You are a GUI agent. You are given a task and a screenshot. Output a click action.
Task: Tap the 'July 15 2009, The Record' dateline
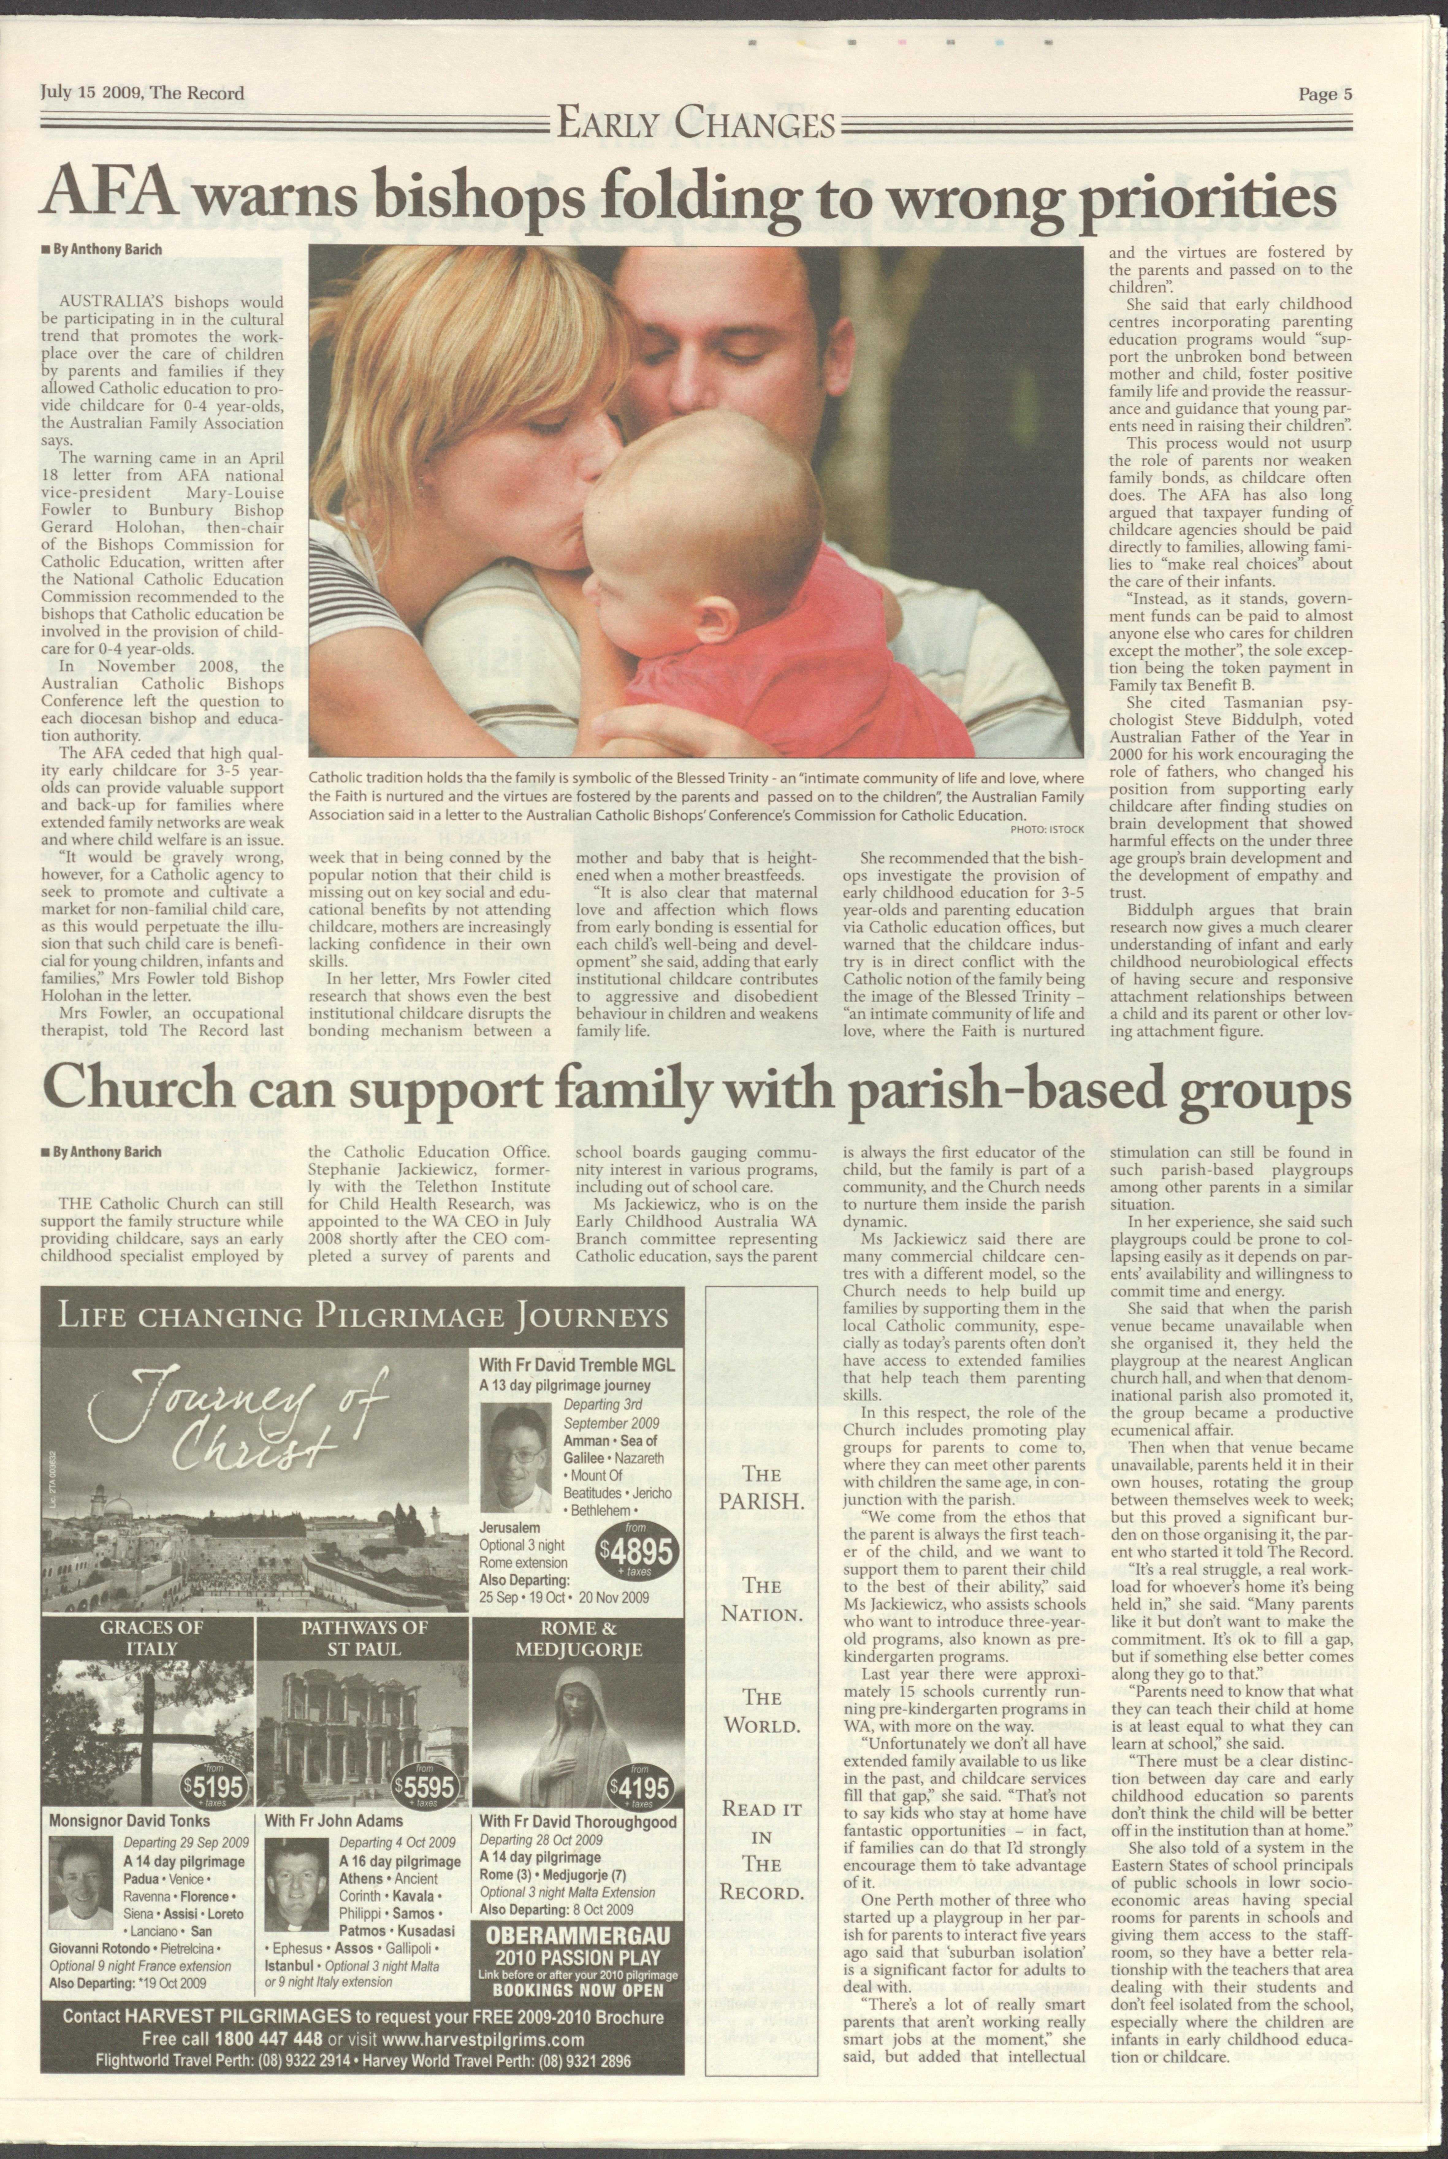click(143, 92)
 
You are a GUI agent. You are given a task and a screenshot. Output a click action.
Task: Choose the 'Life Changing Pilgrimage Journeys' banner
click(362, 1315)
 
